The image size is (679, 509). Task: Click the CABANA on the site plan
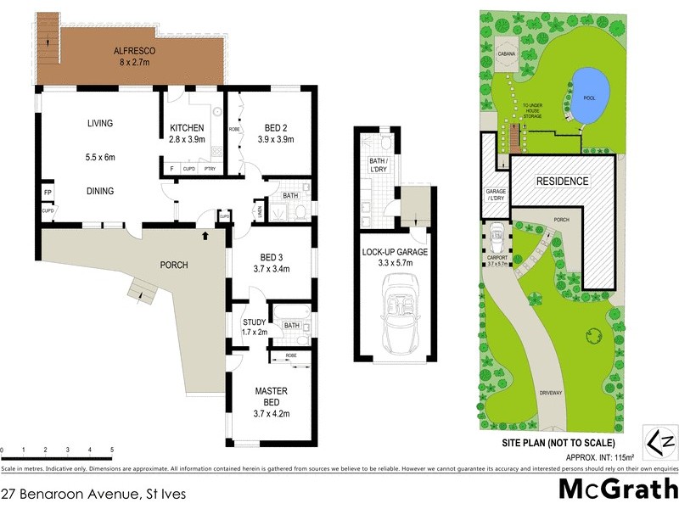(x=508, y=54)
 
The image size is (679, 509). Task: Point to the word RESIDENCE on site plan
(x=561, y=182)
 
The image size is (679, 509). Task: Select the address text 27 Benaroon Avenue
(x=93, y=492)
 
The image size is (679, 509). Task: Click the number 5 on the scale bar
(x=112, y=450)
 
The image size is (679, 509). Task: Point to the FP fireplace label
(x=48, y=193)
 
